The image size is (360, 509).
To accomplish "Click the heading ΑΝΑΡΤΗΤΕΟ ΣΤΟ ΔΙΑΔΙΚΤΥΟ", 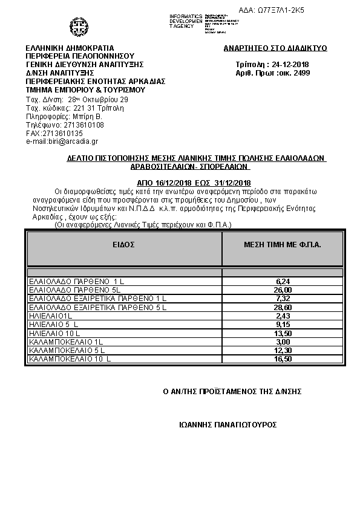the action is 275,47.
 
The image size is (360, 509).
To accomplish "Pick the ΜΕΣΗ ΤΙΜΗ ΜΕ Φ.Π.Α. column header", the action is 282,245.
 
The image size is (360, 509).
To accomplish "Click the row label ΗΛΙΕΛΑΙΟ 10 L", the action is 54,333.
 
